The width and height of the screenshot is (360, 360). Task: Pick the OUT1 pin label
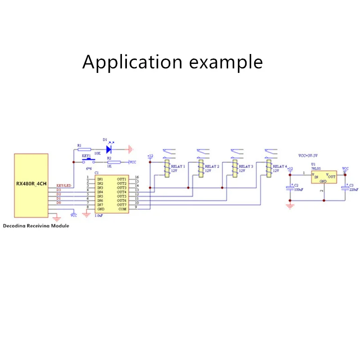coord(121,179)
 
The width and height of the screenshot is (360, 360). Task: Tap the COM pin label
coord(122,209)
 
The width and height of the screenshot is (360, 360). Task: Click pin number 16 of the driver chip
coord(137,177)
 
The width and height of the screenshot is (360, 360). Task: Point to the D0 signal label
coord(58,203)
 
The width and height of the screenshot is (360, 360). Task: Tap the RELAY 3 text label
coord(246,166)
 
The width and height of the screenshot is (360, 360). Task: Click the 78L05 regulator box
coord(324,177)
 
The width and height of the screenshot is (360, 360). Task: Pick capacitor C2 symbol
coord(290,188)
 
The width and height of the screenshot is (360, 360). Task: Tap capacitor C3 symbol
coord(345,188)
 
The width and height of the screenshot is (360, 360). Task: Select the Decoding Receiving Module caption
coord(36,225)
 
